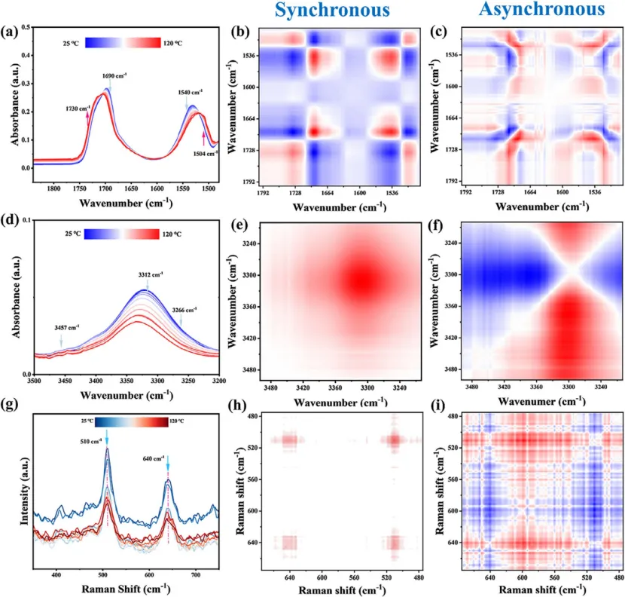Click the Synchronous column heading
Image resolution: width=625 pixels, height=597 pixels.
click(x=332, y=10)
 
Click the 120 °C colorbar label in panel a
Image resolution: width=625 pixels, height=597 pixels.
click(x=173, y=43)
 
